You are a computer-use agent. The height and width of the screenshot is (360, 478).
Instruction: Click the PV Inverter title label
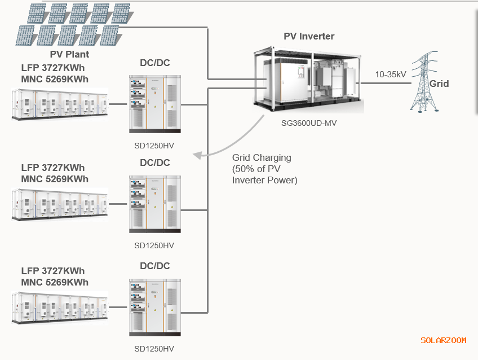click(x=308, y=37)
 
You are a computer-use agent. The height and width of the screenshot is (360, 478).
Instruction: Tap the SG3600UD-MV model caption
click(x=308, y=122)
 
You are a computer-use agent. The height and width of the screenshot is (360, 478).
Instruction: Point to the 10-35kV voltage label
click(x=391, y=74)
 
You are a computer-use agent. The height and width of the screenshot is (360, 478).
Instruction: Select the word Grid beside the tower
click(x=440, y=84)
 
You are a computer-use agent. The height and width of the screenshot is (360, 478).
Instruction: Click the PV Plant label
click(x=69, y=55)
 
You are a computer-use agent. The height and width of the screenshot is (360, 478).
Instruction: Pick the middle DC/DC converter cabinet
click(x=154, y=204)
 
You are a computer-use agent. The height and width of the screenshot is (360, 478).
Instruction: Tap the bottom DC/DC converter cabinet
click(x=154, y=306)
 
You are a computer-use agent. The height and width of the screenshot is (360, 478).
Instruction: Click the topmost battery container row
click(x=59, y=104)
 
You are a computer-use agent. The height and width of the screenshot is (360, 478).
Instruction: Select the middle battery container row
click(x=59, y=204)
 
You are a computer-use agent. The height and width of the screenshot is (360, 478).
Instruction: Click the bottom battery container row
click(x=59, y=307)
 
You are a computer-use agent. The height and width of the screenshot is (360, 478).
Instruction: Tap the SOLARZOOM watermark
click(x=443, y=340)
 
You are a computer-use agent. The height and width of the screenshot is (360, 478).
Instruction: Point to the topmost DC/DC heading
click(x=154, y=62)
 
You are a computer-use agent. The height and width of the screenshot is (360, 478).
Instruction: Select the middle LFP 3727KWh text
click(x=53, y=168)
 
